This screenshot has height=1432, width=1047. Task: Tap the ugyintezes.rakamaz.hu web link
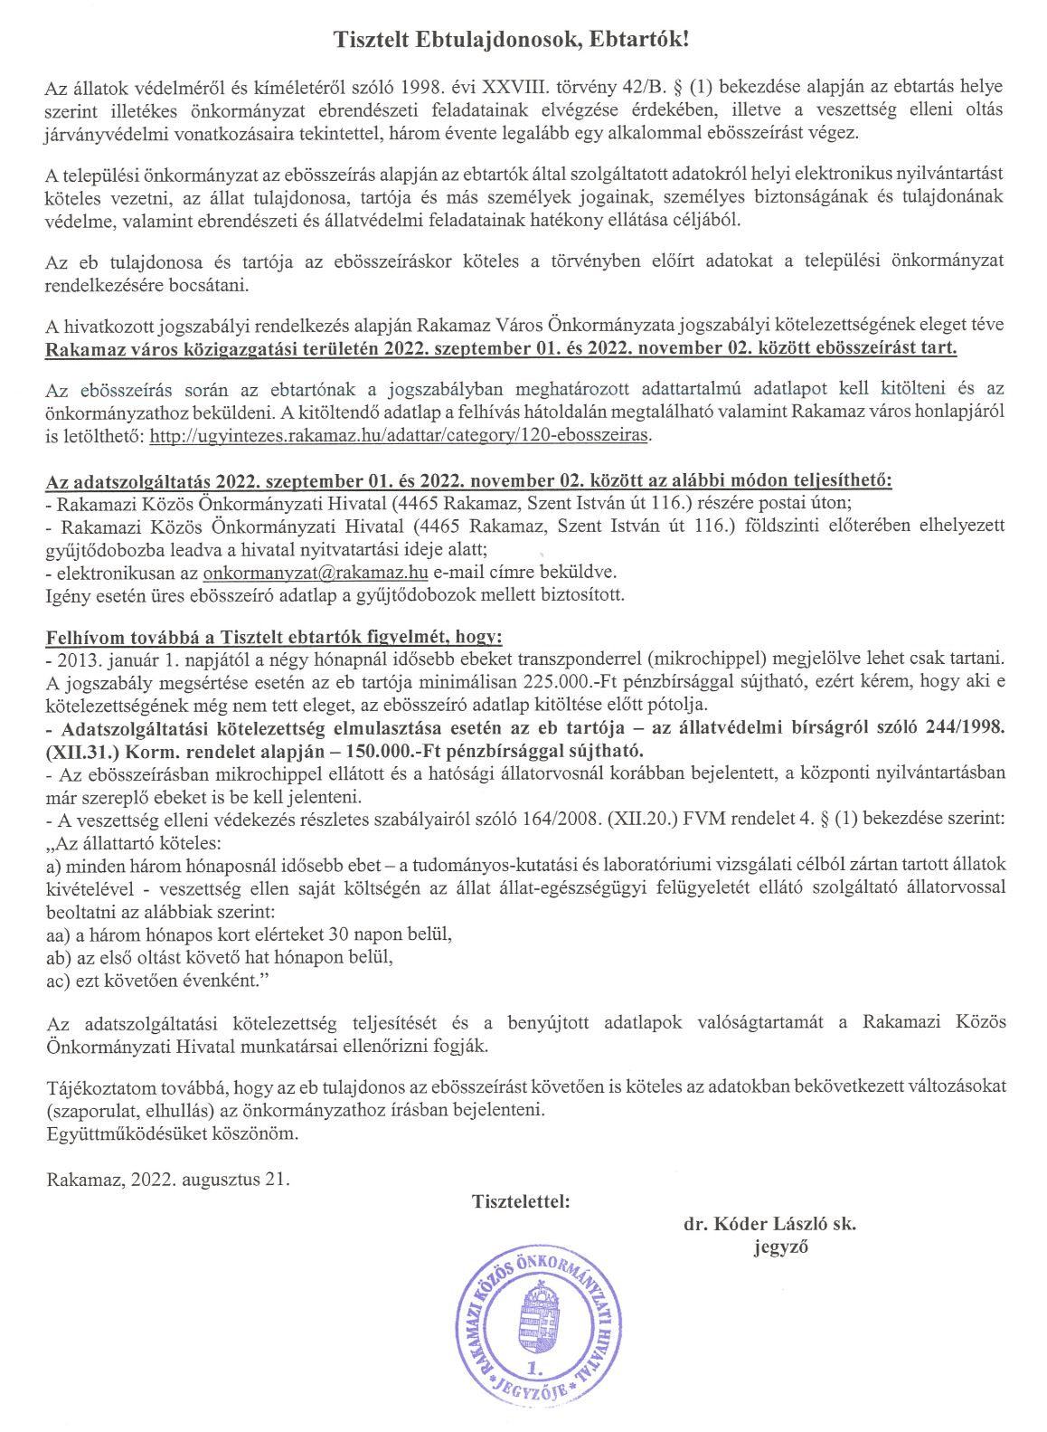coord(399,435)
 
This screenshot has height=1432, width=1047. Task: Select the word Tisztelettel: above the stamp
coord(521,1202)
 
